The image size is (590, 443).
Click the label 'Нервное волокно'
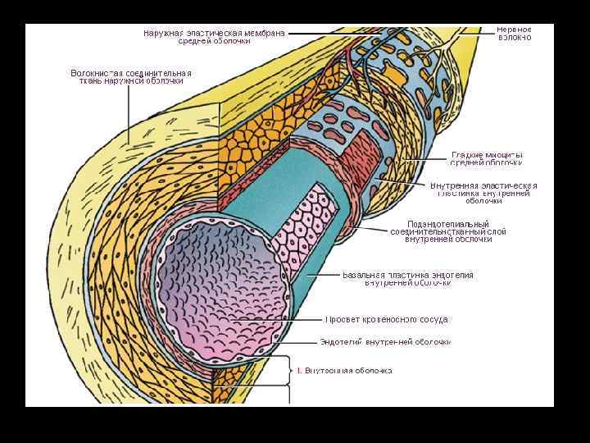click(x=515, y=34)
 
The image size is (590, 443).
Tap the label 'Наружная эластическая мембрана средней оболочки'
click(x=215, y=38)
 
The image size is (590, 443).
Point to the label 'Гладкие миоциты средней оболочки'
click(x=487, y=159)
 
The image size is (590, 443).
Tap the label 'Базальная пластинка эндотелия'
click(x=408, y=279)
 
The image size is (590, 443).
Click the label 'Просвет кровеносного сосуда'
click(x=388, y=319)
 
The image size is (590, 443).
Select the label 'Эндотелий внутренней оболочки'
click(x=385, y=342)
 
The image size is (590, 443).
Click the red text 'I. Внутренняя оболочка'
click(x=344, y=371)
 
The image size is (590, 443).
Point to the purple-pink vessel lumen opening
click(x=221, y=287)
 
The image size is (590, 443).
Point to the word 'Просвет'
click(x=344, y=319)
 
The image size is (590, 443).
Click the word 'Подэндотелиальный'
click(x=448, y=224)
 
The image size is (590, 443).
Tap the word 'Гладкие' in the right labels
click(x=468, y=155)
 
